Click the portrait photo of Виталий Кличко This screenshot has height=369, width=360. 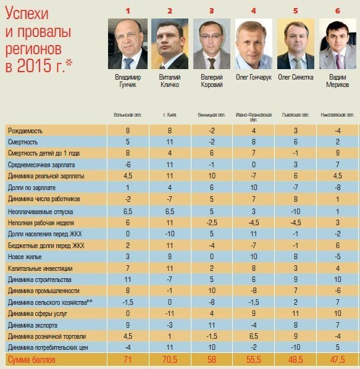[x=170, y=44]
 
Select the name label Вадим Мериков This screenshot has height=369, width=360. [x=338, y=81]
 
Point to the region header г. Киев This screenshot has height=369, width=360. [x=170, y=115]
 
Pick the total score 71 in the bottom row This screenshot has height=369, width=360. [x=127, y=360]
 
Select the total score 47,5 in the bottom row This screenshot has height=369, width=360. [x=338, y=360]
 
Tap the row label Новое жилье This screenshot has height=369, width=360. [x=25, y=257]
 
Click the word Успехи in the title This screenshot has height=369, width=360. [x=27, y=14]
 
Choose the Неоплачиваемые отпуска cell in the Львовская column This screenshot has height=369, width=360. [x=296, y=211]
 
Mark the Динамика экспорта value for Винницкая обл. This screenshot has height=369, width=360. [x=212, y=325]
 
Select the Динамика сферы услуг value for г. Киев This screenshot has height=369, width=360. [x=170, y=314]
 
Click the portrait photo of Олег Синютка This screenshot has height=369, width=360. [x=296, y=44]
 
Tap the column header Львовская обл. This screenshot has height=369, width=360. [x=296, y=115]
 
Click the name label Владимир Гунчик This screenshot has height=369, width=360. [x=127, y=81]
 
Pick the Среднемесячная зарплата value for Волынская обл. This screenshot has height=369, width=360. [x=127, y=165]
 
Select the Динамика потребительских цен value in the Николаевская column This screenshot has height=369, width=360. [x=338, y=348]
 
